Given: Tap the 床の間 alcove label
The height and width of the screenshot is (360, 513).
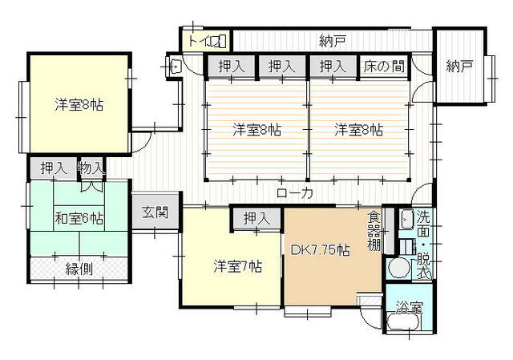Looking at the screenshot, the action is tap(384, 66).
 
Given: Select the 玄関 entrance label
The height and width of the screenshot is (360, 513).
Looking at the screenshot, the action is tap(155, 212).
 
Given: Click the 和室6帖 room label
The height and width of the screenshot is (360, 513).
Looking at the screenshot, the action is tap(79, 218).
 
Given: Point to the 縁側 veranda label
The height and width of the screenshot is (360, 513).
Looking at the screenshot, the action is tap(79, 269).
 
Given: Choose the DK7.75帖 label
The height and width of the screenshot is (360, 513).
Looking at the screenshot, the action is tap(321, 250).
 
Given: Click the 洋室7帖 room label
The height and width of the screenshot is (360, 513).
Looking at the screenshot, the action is tap(238, 266).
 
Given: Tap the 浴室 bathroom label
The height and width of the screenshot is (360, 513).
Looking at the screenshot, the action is tap(410, 307).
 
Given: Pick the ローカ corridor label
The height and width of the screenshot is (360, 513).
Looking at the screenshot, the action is tap(295, 192).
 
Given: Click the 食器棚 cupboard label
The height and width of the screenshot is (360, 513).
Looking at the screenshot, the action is tap(374, 231).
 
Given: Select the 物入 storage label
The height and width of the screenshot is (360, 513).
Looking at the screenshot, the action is tap(91, 168).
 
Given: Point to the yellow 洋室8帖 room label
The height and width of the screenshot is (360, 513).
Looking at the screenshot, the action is tap(79, 105).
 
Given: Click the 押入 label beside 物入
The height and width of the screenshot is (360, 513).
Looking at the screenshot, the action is tap(54, 168).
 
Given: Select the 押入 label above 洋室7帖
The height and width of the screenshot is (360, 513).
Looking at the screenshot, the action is tap(256, 218).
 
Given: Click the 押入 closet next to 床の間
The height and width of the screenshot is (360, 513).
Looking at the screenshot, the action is tap(333, 66).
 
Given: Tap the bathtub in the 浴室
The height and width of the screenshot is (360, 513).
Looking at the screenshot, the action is tap(402, 323).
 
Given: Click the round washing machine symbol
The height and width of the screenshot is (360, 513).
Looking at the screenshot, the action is tap(399, 267).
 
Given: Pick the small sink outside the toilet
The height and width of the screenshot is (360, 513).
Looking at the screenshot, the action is tap(175, 67).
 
